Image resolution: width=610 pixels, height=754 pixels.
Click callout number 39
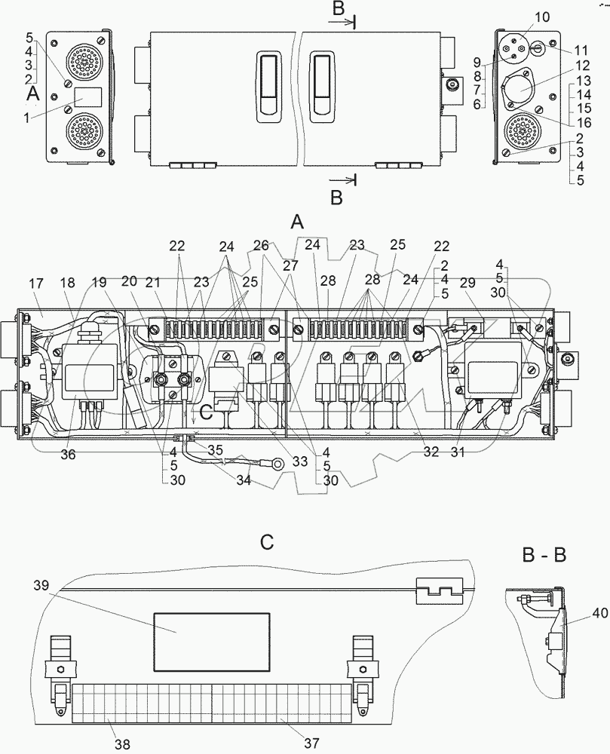click(x=42, y=586)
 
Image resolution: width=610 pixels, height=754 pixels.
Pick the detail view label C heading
click(x=265, y=543)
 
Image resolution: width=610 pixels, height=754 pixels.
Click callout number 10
click(x=543, y=17)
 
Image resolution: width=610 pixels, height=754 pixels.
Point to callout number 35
click(x=216, y=449)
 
